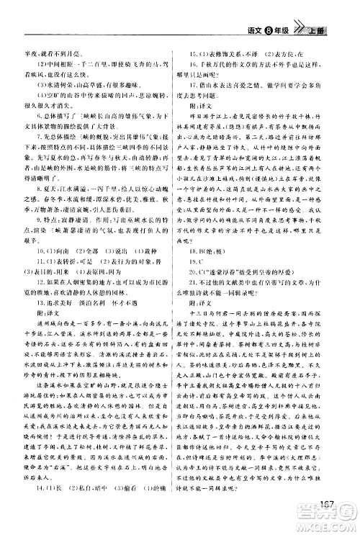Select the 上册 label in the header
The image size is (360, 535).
click(x=338, y=29)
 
